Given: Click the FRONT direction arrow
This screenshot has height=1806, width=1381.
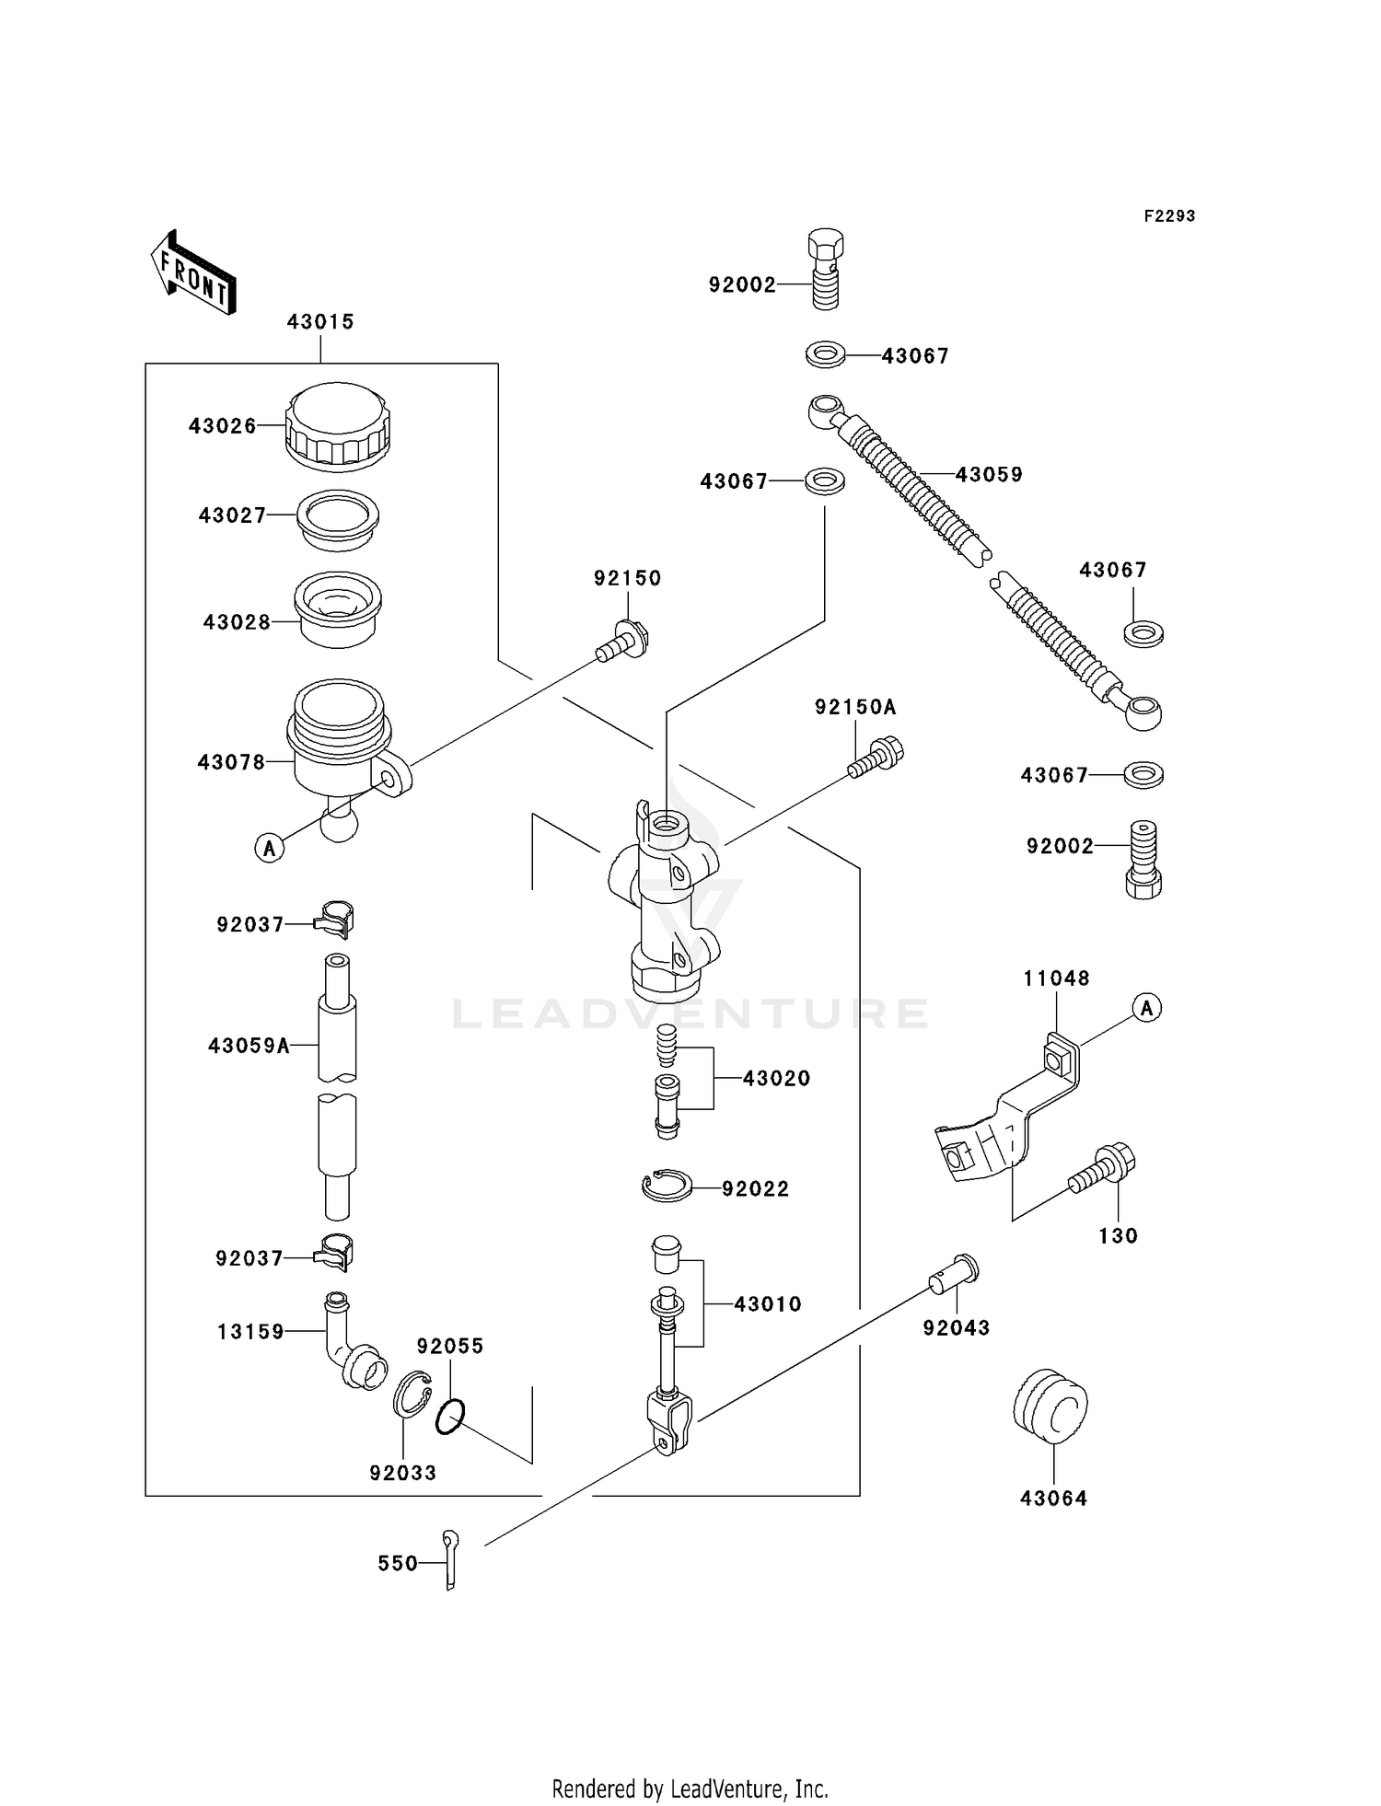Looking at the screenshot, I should coord(193,273).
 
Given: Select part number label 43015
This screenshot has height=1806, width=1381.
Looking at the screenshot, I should coord(320,322).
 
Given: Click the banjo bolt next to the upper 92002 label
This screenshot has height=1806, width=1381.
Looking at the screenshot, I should coord(825,269).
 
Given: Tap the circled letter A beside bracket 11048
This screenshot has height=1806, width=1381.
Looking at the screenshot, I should coord(1146,1008).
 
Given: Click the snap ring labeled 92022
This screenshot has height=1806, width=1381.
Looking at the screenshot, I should coord(667,1186).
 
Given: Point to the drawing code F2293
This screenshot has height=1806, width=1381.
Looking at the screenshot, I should coord(1169,216).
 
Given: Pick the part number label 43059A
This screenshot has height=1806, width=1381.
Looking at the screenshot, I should coord(249,1046).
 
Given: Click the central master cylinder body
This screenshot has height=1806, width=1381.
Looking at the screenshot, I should coord(665,907).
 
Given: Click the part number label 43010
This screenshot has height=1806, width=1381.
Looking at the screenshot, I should coord(768,1304).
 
